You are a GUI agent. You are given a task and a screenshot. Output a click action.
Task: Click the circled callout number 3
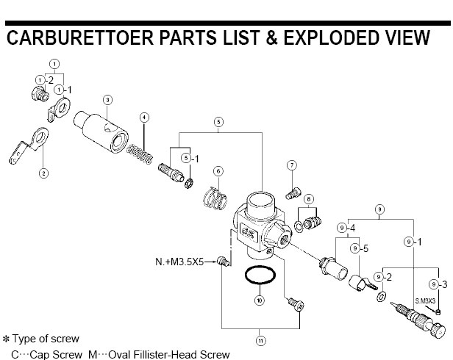tap(107, 99)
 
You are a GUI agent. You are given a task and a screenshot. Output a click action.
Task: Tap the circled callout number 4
tap(145, 118)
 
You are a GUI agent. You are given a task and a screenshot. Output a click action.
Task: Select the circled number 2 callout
tap(43, 173)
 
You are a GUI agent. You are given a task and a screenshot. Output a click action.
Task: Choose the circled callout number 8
tap(309, 199)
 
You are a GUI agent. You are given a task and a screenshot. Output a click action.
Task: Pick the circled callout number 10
tap(258, 300)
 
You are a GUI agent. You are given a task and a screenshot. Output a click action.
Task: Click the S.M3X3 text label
tap(425, 301)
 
